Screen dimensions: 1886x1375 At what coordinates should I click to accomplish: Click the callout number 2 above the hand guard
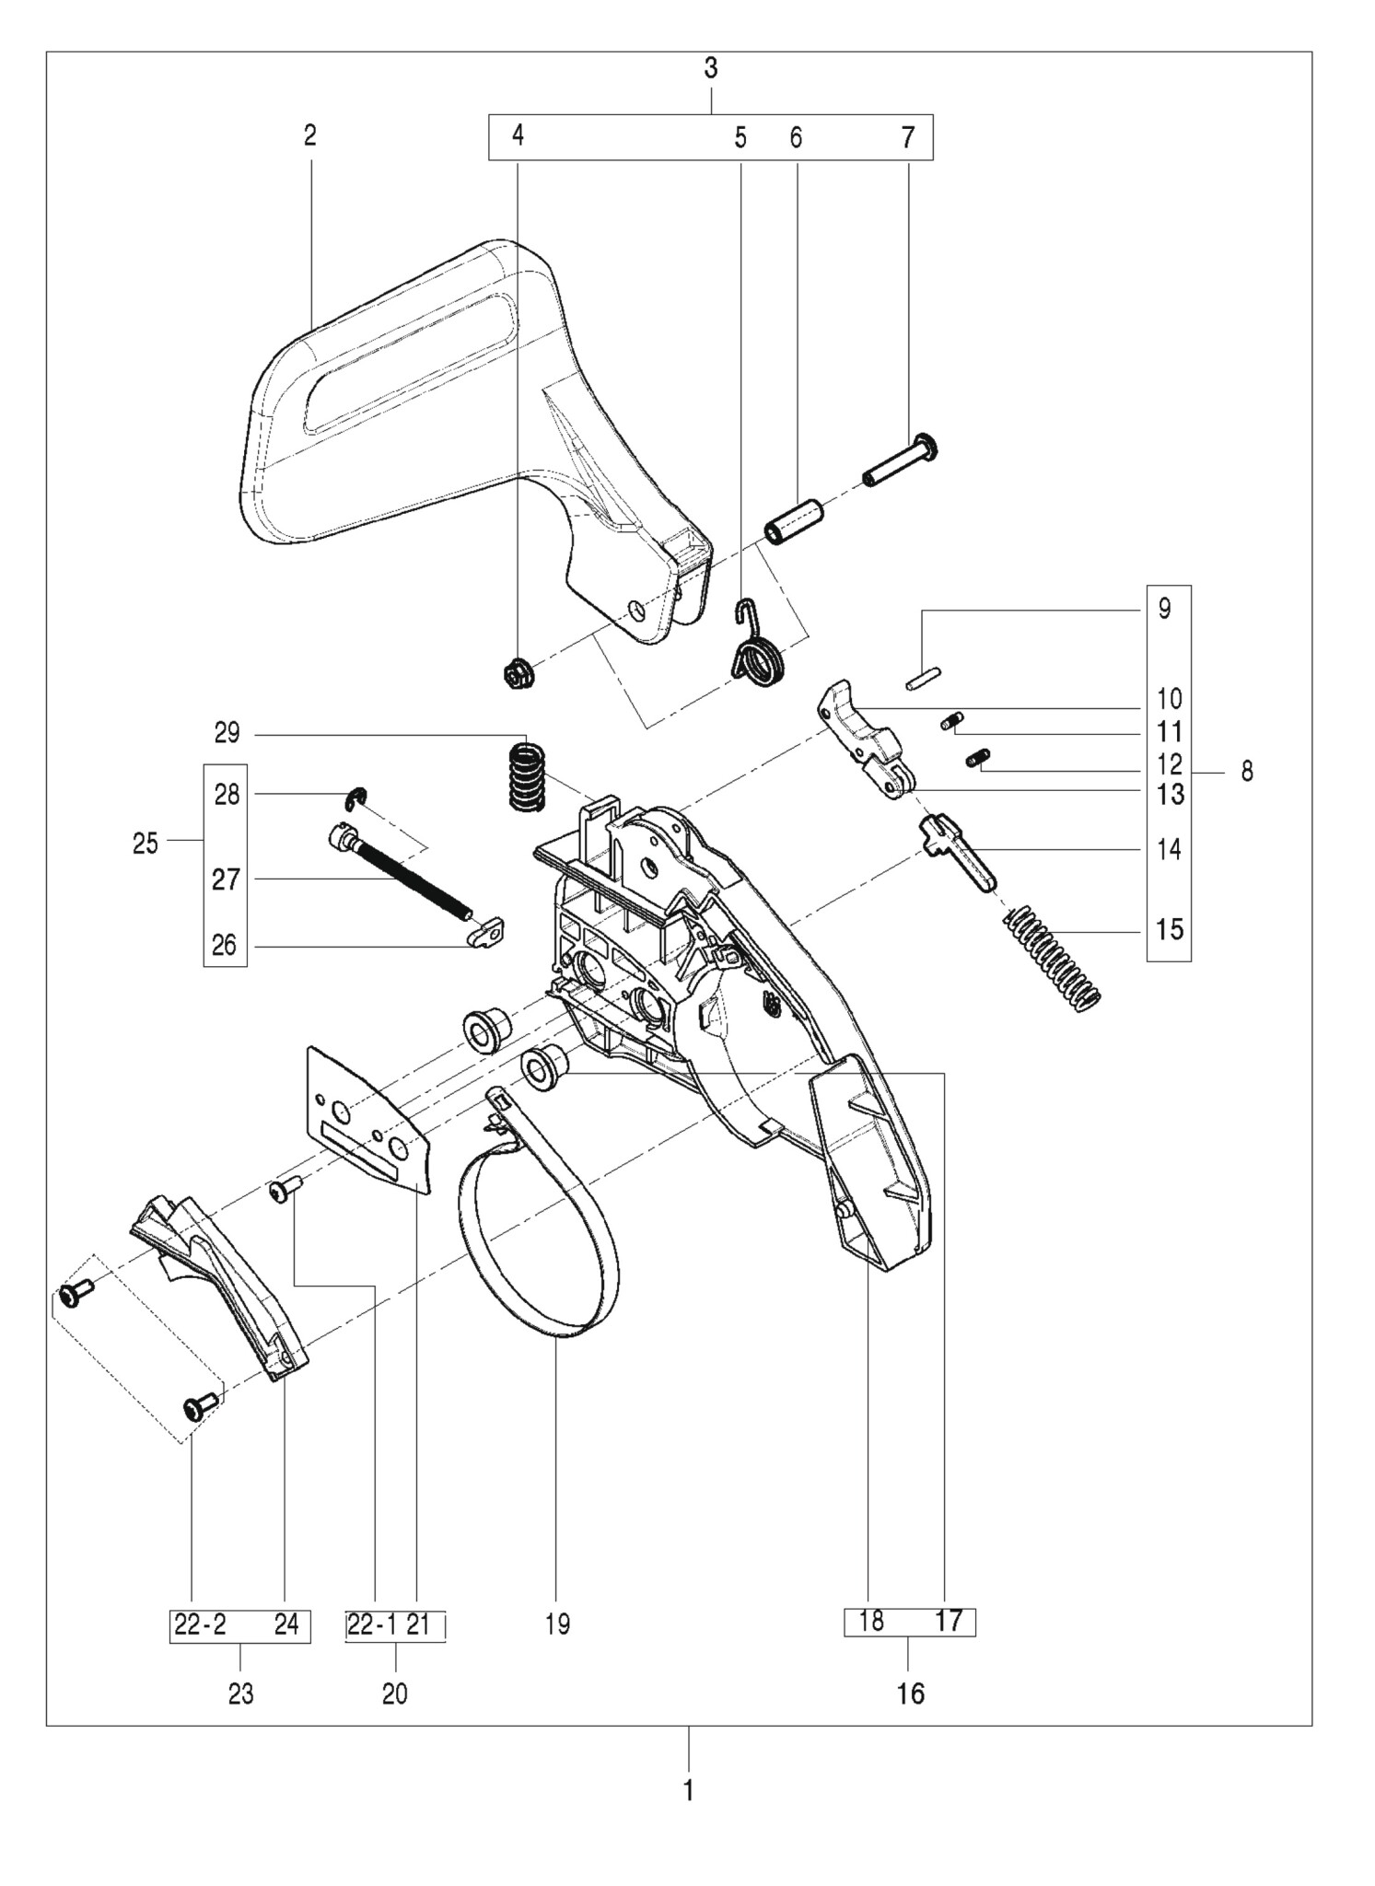point(310,136)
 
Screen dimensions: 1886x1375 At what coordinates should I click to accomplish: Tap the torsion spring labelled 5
point(757,656)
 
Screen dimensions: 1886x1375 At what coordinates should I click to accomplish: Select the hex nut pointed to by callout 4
point(515,675)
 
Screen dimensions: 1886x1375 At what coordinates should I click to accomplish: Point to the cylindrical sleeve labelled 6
point(794,522)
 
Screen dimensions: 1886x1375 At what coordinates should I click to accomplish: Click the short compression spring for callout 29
point(527,777)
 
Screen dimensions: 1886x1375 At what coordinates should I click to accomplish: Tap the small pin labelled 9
point(922,681)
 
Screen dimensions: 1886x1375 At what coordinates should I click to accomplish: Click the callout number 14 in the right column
point(1169,849)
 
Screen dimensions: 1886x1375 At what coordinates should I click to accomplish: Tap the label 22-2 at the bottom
point(201,1625)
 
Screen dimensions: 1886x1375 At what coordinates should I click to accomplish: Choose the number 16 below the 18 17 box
point(910,1693)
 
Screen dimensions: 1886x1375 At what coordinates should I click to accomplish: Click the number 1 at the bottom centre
point(688,1790)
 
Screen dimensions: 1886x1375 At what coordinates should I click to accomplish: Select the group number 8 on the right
point(1247,771)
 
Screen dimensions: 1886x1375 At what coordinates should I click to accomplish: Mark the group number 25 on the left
point(146,843)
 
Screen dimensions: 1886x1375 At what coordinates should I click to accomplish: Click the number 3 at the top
point(711,69)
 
